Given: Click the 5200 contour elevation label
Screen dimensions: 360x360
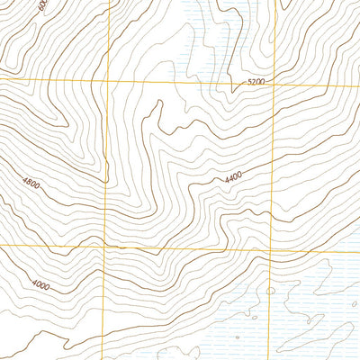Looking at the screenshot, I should pos(256,82).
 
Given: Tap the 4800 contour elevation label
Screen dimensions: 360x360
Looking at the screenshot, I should pos(31,184).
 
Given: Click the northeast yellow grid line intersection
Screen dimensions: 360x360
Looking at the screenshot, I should pos(273,82).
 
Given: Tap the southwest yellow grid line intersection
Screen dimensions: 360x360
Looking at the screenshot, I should pos(104,245).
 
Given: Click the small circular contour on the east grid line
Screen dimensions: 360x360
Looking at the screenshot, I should pos(270,291).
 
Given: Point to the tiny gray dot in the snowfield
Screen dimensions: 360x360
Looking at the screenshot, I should pos(238,337).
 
